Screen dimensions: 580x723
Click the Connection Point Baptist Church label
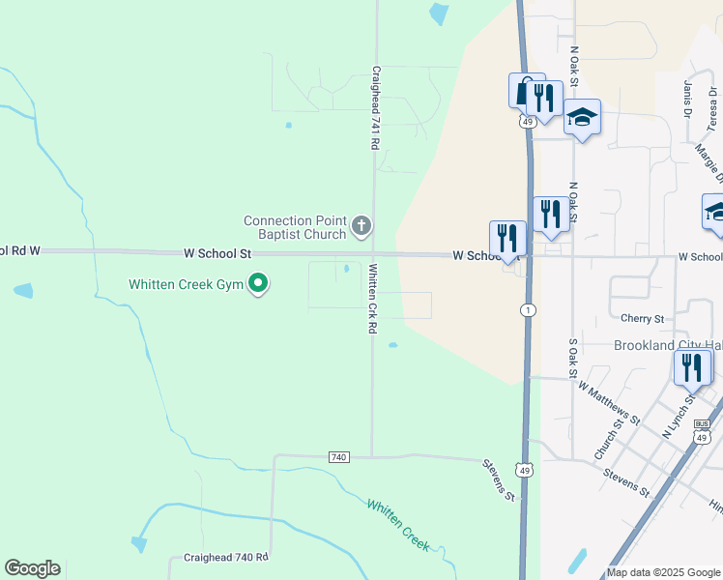[x=295, y=227]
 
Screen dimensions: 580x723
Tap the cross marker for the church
[x=361, y=227]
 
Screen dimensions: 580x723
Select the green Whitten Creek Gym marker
[x=258, y=284]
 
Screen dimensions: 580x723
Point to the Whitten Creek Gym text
[x=187, y=284]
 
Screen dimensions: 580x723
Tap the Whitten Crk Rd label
[x=371, y=299]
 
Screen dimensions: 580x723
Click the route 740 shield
[x=338, y=456]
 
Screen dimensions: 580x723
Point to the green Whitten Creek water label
[x=398, y=524]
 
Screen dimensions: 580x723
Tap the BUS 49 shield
[x=702, y=431]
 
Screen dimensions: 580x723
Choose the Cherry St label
[x=643, y=318]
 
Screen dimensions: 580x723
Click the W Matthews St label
[x=608, y=402]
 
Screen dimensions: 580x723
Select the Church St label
[x=606, y=445]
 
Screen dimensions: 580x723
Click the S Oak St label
[x=573, y=358]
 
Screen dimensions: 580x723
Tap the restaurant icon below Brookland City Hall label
[x=692, y=367]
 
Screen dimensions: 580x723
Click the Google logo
[x=32, y=568]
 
